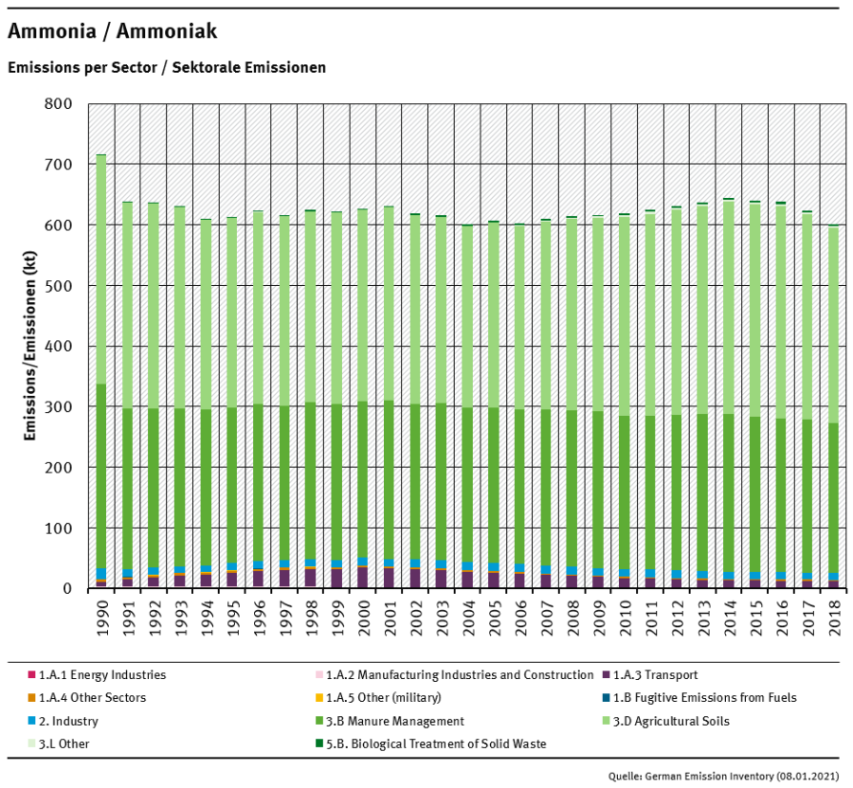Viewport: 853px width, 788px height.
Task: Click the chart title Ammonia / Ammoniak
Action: tap(112, 32)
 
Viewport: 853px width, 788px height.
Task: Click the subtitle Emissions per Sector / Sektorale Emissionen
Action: tap(167, 68)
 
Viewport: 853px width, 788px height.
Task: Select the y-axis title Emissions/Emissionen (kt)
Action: tap(29, 347)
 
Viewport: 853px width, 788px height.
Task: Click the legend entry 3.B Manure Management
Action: tap(393, 721)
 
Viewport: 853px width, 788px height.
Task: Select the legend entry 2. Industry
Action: tap(68, 721)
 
